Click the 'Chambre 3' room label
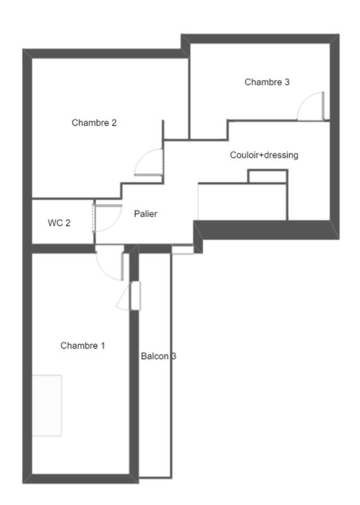click(267, 82)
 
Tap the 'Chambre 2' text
click(94, 123)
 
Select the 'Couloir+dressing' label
click(264, 155)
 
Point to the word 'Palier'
click(145, 214)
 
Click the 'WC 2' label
click(59, 223)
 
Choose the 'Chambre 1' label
click(83, 346)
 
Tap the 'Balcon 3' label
click(158, 357)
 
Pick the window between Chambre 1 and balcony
click(135, 295)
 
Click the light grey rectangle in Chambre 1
click(47, 405)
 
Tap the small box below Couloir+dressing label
click(267, 176)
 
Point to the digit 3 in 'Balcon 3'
click(174, 357)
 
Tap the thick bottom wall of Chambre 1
click(80, 478)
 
